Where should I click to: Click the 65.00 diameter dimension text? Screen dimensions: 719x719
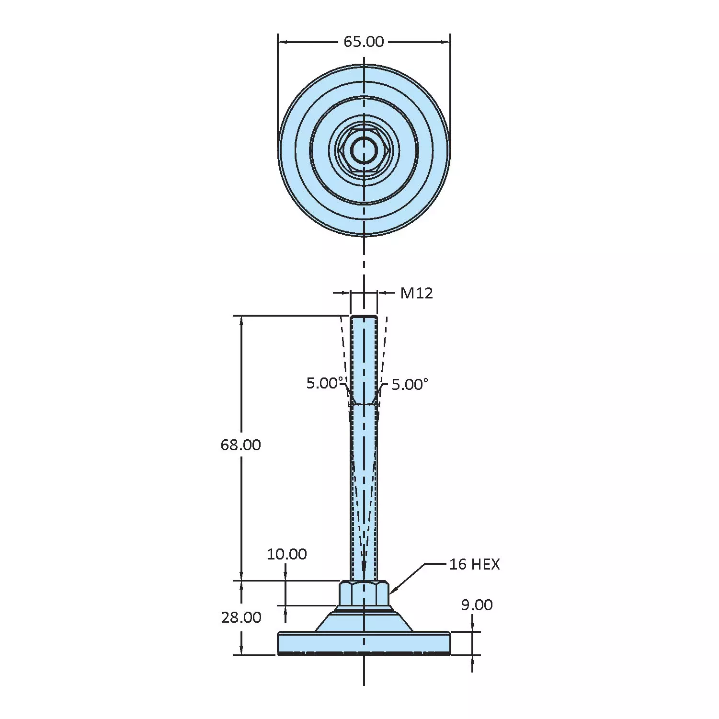(x=364, y=42)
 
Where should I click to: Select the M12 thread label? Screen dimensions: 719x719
(x=416, y=293)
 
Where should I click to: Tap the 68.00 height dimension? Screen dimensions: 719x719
(x=240, y=445)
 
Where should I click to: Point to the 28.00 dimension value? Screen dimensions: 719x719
(x=241, y=617)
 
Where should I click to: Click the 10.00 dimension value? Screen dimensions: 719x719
(x=286, y=554)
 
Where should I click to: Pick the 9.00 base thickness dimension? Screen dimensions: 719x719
(x=477, y=605)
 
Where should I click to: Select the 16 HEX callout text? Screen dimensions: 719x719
(x=474, y=564)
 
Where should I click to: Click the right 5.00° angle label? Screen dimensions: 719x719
(x=410, y=385)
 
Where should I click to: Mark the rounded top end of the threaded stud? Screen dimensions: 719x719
(x=364, y=317)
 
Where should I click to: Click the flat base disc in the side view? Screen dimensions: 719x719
(x=364, y=643)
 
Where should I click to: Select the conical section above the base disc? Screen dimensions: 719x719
(x=364, y=622)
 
